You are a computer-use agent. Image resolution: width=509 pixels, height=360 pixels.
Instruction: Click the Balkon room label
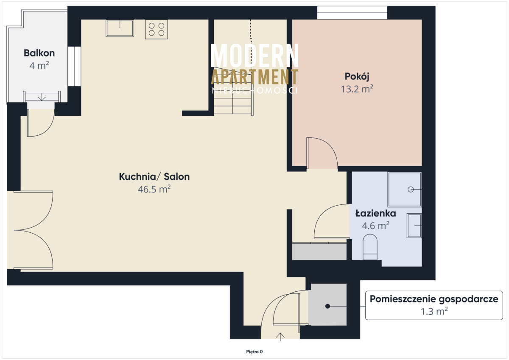(x=39, y=53)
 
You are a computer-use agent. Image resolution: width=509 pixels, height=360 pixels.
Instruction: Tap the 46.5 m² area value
(x=154, y=189)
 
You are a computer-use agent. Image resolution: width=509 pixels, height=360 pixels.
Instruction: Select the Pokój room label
(x=357, y=77)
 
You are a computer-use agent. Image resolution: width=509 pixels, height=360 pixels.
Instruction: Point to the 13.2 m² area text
(x=357, y=89)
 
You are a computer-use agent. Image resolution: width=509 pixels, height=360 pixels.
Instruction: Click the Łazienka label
(x=376, y=213)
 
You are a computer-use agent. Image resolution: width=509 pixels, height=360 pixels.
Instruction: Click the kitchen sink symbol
(x=120, y=28)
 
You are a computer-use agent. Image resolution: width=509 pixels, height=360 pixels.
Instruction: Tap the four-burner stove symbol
(x=157, y=29)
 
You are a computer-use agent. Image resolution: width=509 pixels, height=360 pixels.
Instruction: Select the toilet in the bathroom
(x=370, y=247)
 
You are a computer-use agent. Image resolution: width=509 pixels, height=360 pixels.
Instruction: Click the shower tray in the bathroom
(x=405, y=190)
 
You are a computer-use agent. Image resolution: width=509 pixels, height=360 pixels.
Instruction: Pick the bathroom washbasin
(x=414, y=226)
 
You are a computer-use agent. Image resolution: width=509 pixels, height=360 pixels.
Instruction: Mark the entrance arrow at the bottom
(x=280, y=337)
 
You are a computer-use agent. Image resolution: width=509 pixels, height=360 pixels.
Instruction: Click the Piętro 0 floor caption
(x=254, y=352)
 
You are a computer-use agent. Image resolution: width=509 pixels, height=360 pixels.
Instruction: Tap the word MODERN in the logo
(x=255, y=56)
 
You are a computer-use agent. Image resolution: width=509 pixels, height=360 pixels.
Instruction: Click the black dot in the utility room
(x=327, y=306)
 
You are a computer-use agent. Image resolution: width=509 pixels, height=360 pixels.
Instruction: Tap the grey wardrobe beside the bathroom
(x=319, y=251)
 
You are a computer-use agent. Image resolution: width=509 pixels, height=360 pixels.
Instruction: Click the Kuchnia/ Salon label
(x=154, y=176)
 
